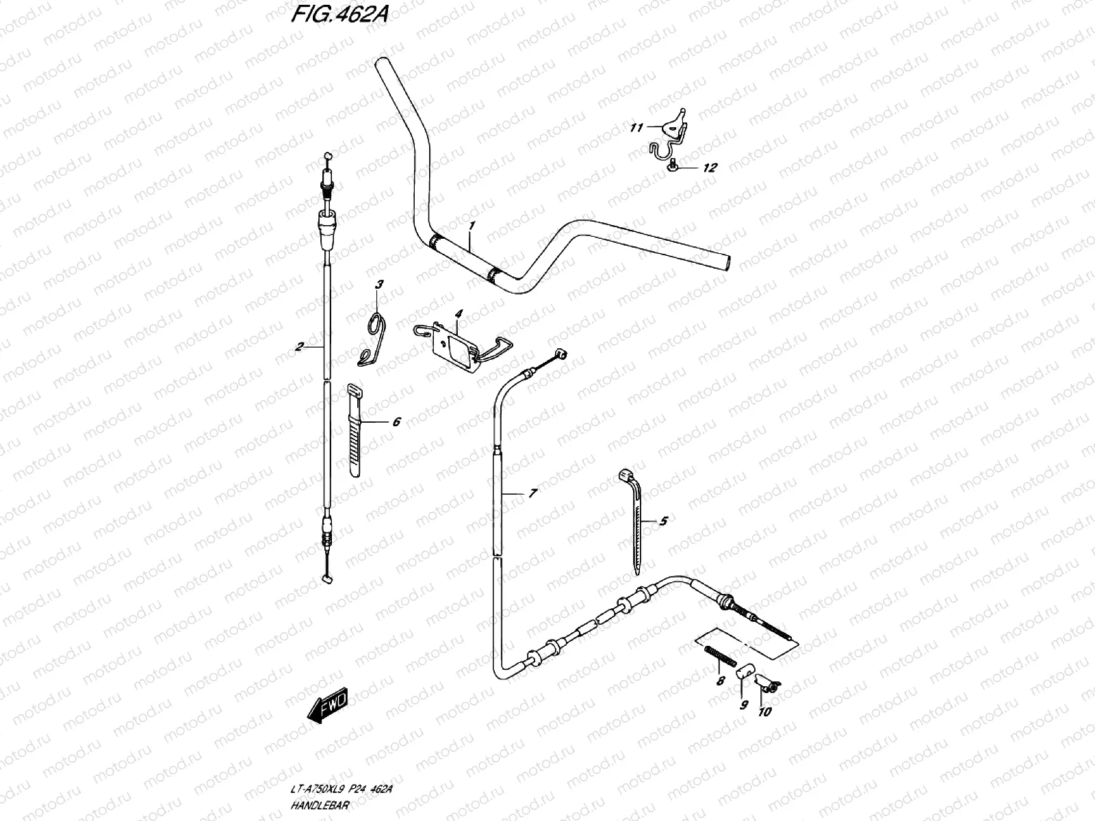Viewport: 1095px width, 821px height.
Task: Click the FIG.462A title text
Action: [x=339, y=14]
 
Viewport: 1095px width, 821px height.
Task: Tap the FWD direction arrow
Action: [x=327, y=705]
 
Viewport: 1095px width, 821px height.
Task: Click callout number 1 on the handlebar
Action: [x=472, y=225]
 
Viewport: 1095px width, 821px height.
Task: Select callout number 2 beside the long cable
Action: [x=299, y=346]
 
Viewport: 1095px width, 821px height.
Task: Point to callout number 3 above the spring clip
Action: [x=380, y=284]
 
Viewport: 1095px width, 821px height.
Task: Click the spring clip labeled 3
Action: [x=373, y=339]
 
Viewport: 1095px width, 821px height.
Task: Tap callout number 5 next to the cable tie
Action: [x=663, y=521]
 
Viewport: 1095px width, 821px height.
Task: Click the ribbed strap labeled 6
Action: [x=355, y=430]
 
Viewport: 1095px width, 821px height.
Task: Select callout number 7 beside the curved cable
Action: [x=533, y=493]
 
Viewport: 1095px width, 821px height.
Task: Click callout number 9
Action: [x=744, y=705]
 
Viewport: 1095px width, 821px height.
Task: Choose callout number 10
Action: [x=764, y=712]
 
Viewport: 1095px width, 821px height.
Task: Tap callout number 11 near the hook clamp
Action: [x=636, y=128]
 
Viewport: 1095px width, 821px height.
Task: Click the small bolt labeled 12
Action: [x=671, y=164]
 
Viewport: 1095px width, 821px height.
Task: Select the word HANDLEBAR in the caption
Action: [x=320, y=805]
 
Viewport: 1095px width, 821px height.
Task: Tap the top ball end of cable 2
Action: [x=327, y=155]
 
